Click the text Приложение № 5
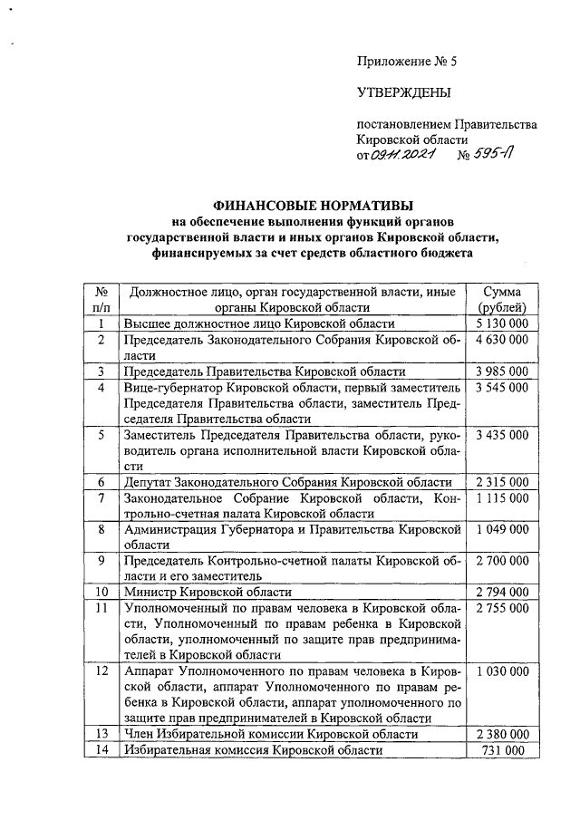[408, 63]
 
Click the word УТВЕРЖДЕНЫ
[403, 93]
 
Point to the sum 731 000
[501, 750]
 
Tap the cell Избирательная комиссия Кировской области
[254, 750]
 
